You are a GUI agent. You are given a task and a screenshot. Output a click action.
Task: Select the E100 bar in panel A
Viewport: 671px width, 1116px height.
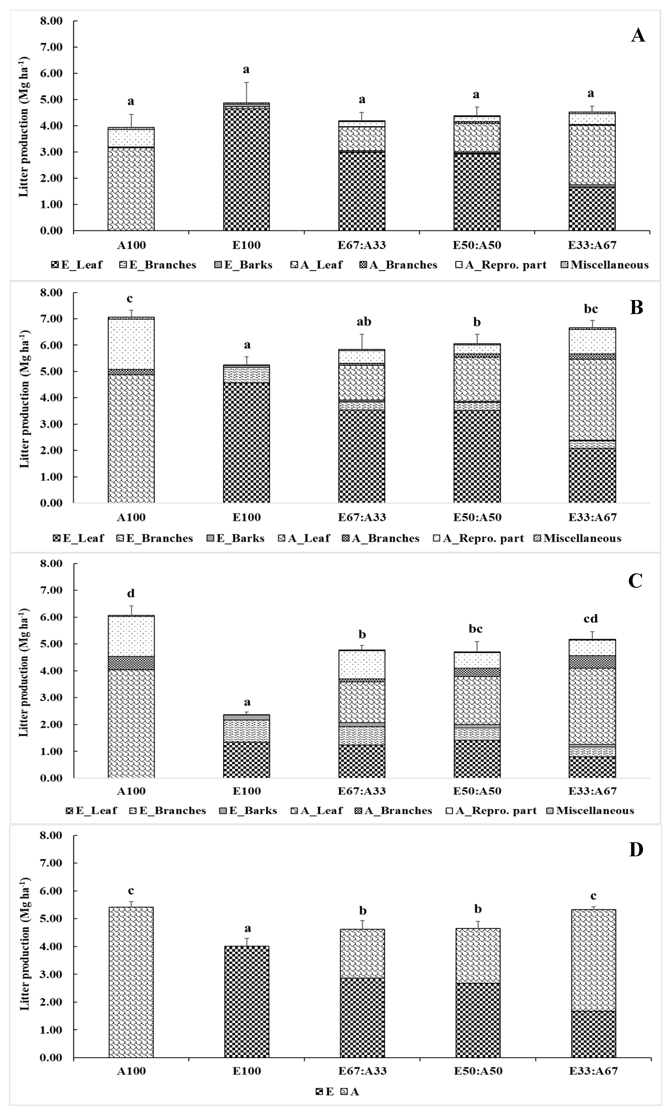point(246,167)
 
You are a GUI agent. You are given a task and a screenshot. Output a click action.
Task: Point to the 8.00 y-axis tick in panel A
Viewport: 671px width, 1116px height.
point(52,21)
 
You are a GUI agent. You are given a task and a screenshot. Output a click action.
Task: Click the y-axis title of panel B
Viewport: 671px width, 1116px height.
point(24,398)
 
